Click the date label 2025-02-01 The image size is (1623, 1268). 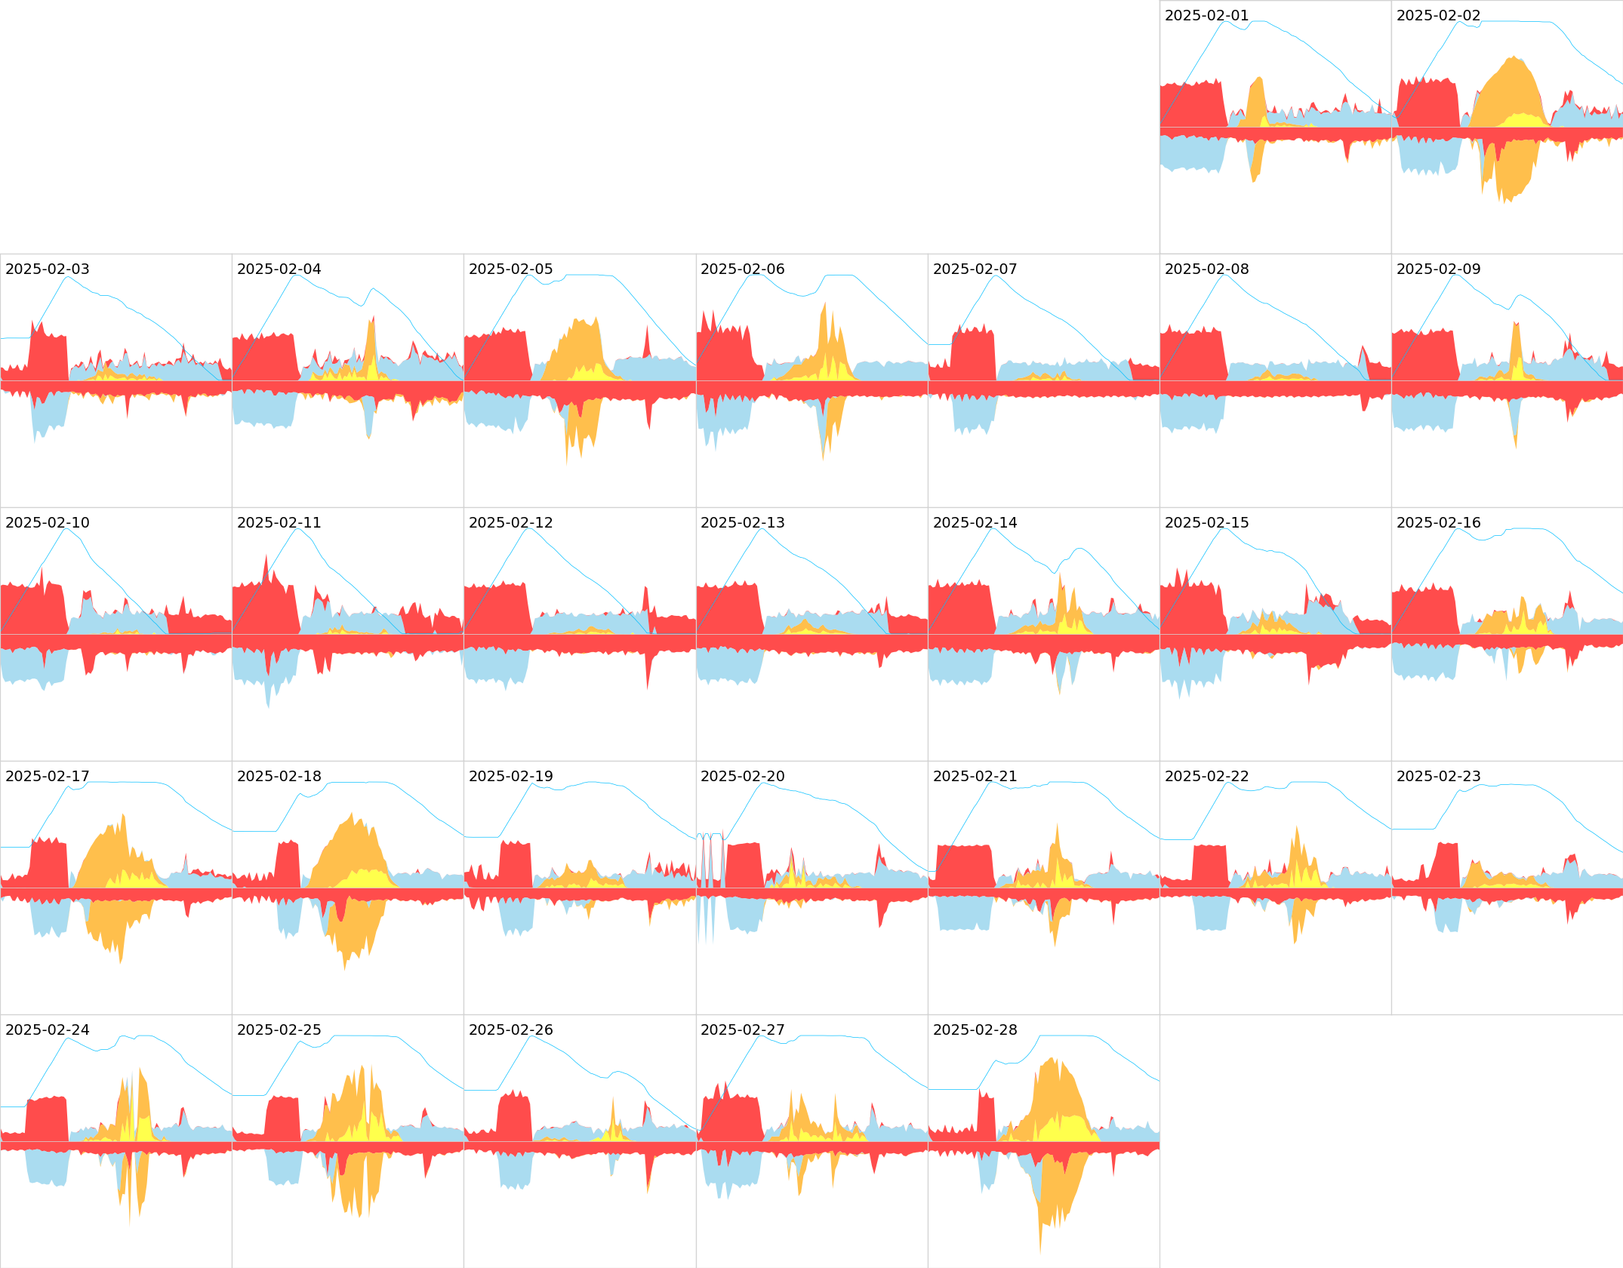tap(1206, 16)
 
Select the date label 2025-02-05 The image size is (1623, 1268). tap(510, 269)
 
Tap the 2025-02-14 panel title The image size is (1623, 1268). tap(975, 523)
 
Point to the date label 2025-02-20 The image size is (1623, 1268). tap(742, 777)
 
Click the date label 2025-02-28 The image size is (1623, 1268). tap(975, 1030)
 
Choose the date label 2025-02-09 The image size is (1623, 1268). tap(1438, 269)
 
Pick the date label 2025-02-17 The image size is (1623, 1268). tap(47, 777)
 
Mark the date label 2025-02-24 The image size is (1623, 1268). tap(47, 1030)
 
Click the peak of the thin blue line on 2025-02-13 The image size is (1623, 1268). tap(762, 529)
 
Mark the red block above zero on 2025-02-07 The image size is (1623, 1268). tap(974, 355)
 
